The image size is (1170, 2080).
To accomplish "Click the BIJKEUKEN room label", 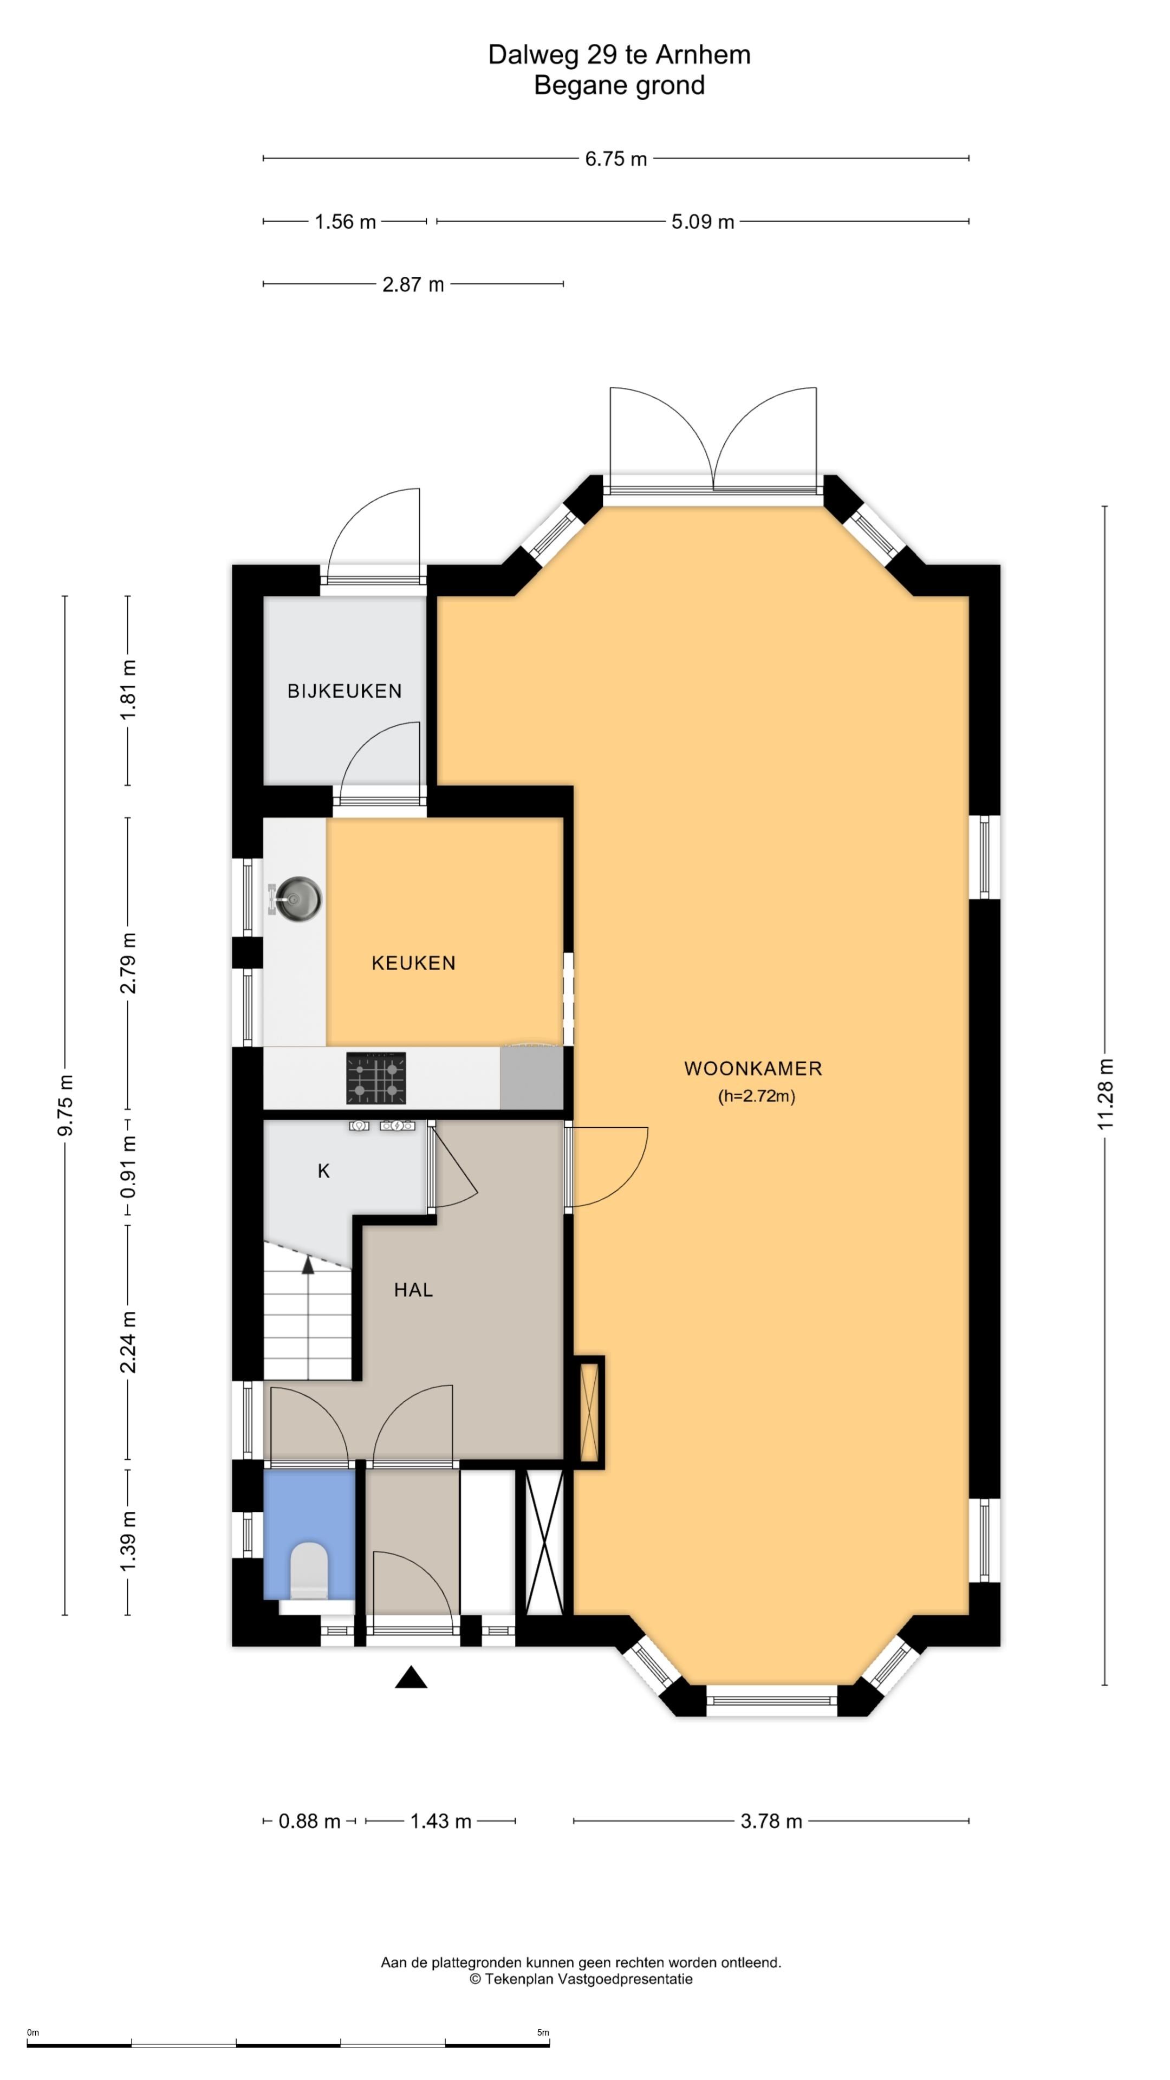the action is point(345,691).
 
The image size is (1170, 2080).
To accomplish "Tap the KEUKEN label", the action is point(413,963).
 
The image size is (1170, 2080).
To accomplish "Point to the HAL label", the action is point(413,1290).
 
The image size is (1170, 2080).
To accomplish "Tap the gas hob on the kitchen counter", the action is point(376,1078).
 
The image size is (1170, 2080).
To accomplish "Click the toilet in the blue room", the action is point(309,1570).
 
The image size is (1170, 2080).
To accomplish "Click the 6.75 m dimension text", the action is point(616,159).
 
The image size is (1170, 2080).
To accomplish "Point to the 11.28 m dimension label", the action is point(1106,1094).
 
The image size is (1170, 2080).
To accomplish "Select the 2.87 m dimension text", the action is point(413,284).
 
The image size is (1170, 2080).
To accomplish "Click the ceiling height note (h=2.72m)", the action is point(757,1096).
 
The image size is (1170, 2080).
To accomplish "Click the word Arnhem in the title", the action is point(703,54).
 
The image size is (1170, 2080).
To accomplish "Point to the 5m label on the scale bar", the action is point(543,2032).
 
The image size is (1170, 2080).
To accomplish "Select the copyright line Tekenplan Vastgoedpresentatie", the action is point(581,1979).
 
